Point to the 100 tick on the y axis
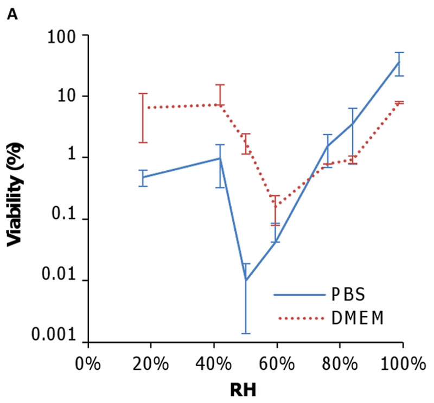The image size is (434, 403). [x=64, y=36]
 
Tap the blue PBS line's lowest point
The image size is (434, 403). [x=245, y=280]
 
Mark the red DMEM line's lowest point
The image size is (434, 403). [x=276, y=205]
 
